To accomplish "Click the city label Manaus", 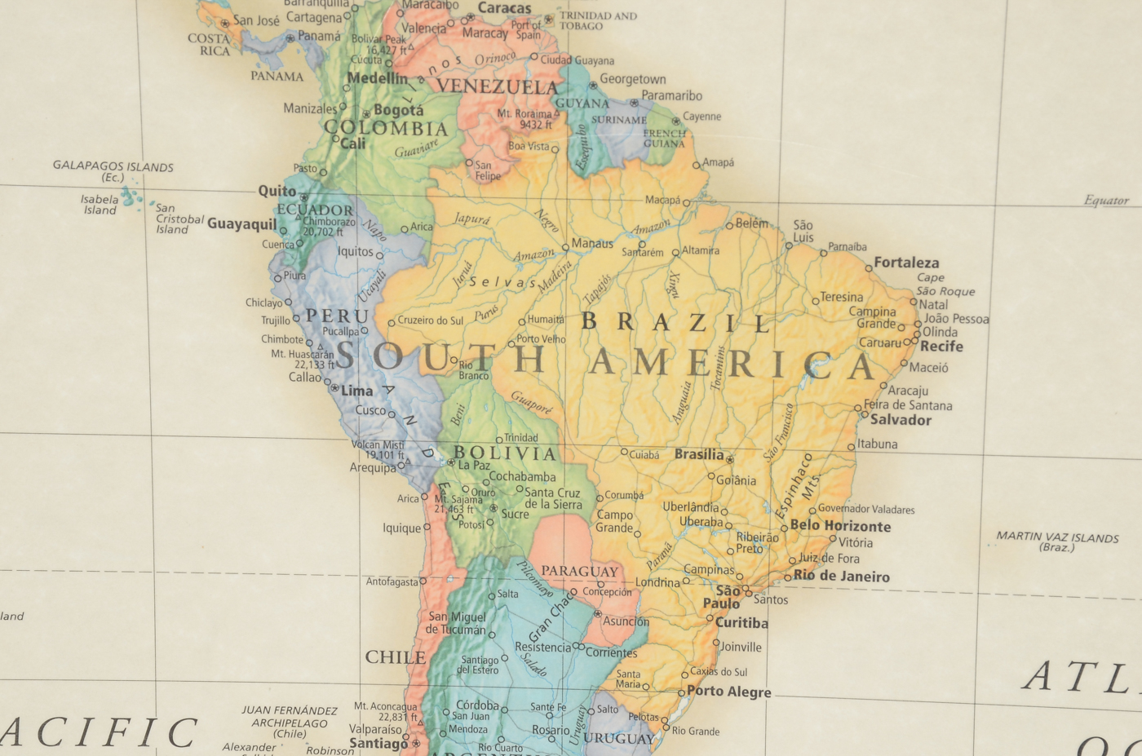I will coord(592,244).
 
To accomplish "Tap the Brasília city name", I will coord(698,454).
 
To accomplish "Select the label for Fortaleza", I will coord(906,263).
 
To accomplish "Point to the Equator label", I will coord(1106,201).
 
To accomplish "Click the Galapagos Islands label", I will coord(113,171).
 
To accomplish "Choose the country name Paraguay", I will coord(579,571).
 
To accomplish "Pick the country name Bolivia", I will coord(505,453).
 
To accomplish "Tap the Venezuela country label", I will coord(497,86).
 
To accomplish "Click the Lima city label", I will coord(356,391).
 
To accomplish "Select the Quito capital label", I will coord(277,191).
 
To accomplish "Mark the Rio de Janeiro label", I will coord(841,577).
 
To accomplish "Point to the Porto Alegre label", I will coord(728,692).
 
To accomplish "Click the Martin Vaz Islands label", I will coord(1057,542).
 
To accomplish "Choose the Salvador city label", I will coord(901,420).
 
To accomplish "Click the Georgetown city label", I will coord(632,79).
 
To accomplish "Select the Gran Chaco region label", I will coord(551,618).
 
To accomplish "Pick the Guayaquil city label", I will coord(241,223).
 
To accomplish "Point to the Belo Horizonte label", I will coord(840,526).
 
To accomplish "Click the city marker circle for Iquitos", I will coord(379,256).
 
